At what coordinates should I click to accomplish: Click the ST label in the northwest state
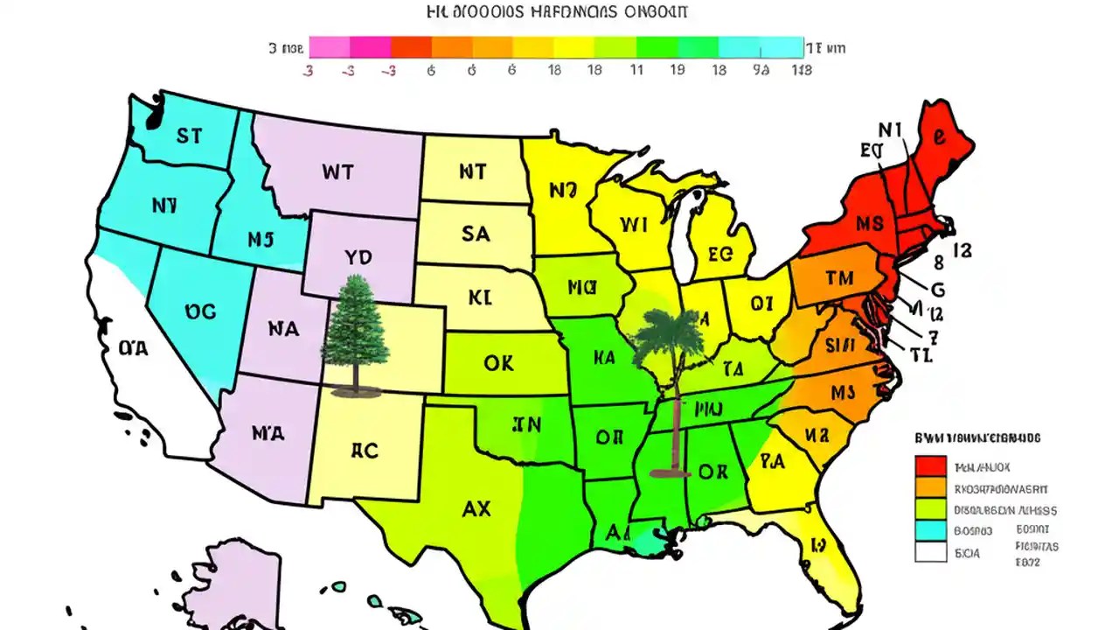click(189, 136)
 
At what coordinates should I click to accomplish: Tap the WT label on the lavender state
click(337, 171)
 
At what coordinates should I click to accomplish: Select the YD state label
click(358, 257)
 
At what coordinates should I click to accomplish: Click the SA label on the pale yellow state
click(476, 234)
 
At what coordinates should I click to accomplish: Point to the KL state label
click(480, 297)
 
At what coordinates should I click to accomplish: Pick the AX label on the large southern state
click(476, 507)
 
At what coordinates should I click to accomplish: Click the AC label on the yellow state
click(365, 451)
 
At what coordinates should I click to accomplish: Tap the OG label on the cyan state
click(200, 311)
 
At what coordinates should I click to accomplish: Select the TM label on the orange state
click(838, 279)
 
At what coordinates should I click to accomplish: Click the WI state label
click(633, 225)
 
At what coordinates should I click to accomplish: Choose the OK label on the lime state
click(498, 363)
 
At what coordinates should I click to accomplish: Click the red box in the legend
click(930, 466)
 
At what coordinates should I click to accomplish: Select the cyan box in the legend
click(930, 530)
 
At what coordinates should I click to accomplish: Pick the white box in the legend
click(930, 551)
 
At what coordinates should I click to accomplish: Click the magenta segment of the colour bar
click(370, 47)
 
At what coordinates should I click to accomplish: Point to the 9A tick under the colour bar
click(761, 70)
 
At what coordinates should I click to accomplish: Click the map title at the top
click(557, 12)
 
